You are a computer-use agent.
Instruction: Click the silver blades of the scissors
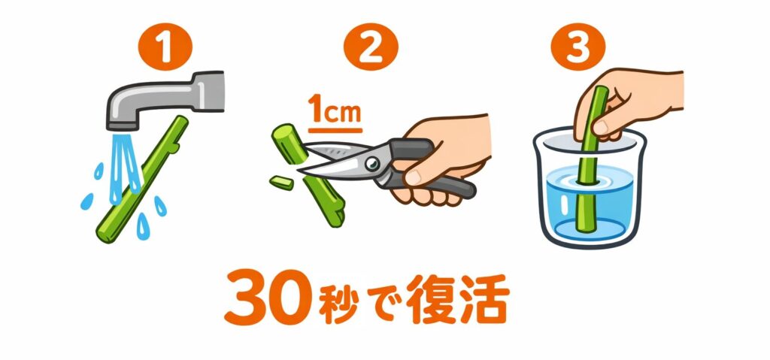[x=331, y=164]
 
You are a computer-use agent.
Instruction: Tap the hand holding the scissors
[x=444, y=158]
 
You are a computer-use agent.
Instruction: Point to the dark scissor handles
[x=440, y=177]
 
